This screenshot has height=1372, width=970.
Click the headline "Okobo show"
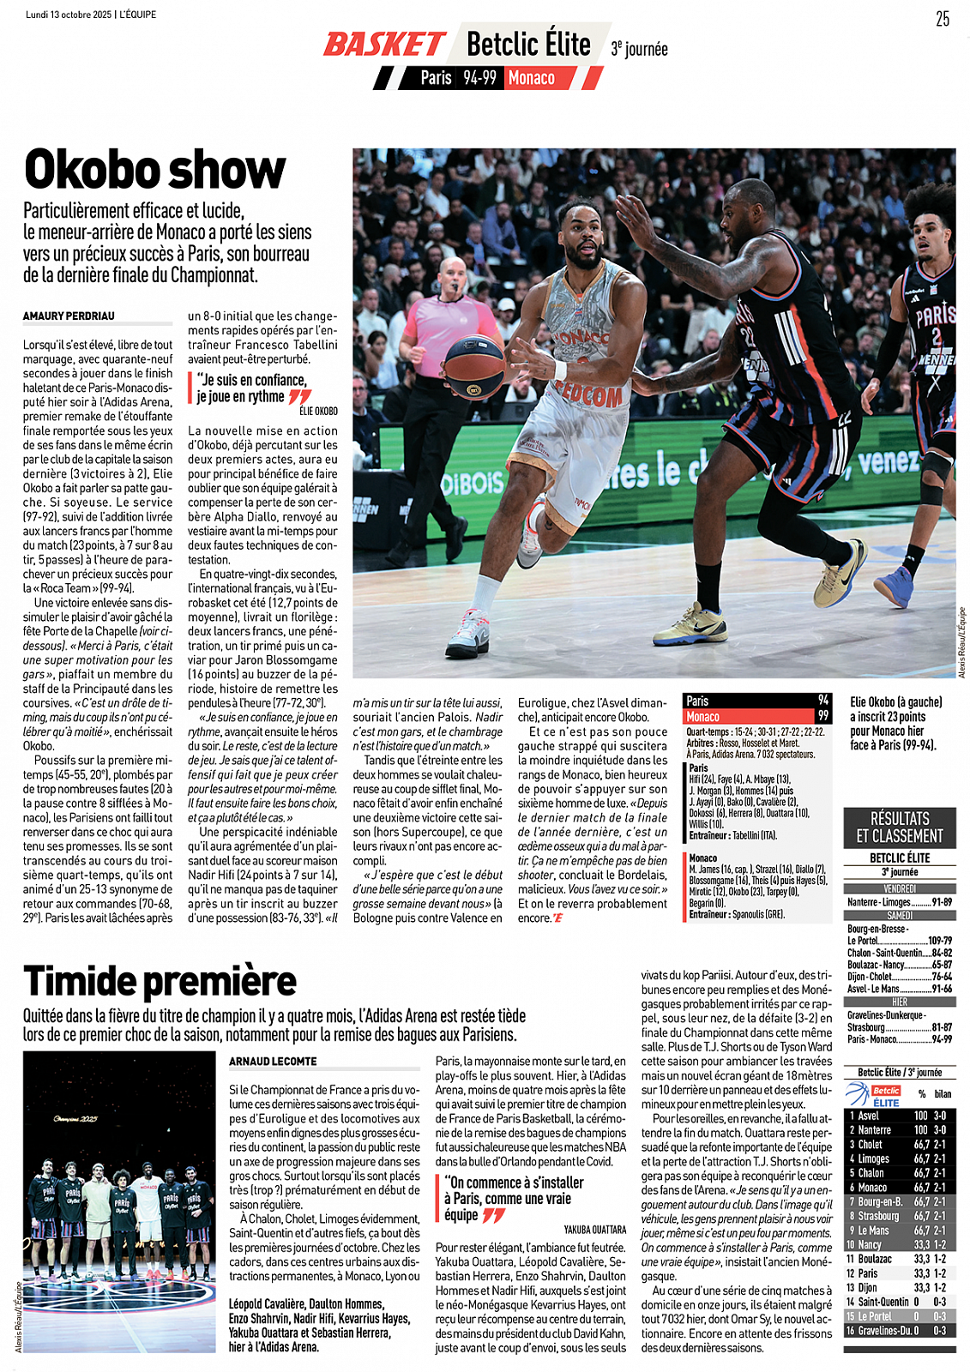154,170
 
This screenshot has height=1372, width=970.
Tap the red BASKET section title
383,45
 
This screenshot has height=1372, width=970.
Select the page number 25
942,19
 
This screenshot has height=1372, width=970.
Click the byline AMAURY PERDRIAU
69,316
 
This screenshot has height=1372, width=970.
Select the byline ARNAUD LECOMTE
273,1062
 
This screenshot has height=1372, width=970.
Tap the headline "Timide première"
160,981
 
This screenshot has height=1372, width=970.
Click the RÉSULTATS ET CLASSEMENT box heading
899,827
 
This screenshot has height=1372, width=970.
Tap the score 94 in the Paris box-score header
823,701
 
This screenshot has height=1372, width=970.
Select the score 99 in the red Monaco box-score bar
823,716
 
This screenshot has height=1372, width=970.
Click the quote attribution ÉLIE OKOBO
318,412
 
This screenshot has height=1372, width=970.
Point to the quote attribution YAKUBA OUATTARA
594,1230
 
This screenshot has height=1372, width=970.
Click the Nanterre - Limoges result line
899,902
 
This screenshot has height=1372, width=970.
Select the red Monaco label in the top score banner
532,78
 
